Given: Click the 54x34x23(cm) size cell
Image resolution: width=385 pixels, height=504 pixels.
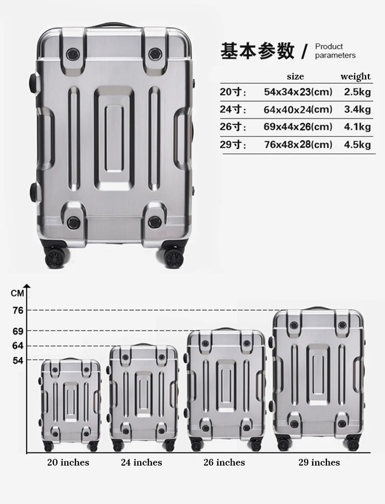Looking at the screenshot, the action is point(298,92).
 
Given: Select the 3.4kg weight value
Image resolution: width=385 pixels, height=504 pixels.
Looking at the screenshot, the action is point(357,109).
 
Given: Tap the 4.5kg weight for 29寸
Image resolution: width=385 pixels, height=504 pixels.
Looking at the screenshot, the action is point(357,144).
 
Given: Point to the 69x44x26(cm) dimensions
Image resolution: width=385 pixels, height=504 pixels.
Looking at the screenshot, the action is point(298,127).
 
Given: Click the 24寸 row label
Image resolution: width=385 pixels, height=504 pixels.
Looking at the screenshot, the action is point(233,109).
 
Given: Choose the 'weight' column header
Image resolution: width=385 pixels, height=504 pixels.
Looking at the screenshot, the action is point(355,76).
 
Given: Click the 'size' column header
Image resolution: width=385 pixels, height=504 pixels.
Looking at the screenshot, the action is point(295,76).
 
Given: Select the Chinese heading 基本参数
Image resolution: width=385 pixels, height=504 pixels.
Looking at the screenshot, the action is point(257,51).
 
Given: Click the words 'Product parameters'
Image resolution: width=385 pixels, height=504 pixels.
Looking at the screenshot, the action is point(335,51).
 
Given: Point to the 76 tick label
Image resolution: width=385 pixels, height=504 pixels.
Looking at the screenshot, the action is point(18,310).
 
